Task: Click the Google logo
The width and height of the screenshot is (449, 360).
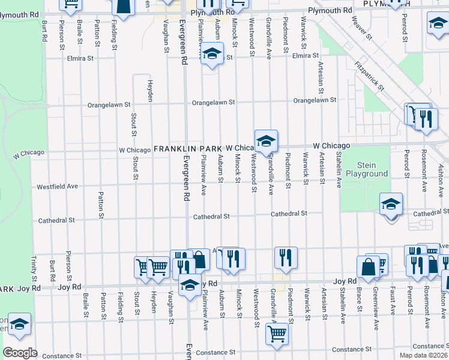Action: (x=20, y=353)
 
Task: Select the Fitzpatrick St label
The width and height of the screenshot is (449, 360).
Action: (x=369, y=75)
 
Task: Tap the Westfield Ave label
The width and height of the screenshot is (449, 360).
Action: (x=58, y=187)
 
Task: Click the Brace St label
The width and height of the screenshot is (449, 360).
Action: (x=359, y=302)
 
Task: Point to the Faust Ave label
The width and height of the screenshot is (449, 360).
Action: (x=393, y=301)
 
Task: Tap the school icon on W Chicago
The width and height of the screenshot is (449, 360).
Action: (x=266, y=141)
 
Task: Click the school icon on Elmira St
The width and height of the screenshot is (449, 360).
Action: (x=211, y=54)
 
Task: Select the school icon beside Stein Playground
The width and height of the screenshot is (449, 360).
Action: (x=391, y=204)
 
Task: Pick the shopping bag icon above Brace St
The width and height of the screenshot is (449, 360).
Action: (x=368, y=266)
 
